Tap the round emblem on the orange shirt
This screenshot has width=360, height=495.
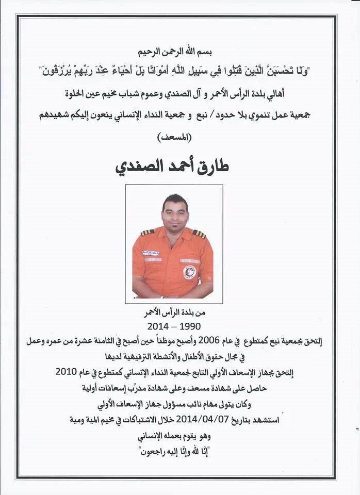[x=189, y=272]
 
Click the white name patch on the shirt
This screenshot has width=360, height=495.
[x=151, y=253]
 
